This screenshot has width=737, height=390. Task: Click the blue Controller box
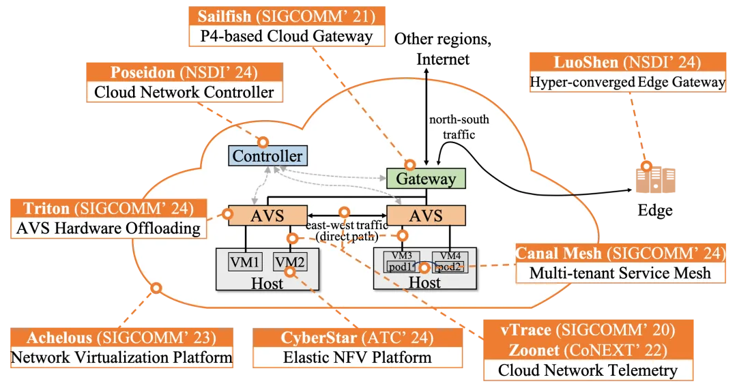267,156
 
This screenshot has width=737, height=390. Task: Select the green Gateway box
426,179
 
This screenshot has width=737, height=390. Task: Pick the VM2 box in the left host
289,261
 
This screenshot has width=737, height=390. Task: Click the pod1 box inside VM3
401,267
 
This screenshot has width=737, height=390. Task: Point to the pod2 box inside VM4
450,267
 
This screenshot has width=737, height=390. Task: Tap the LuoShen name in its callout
586,63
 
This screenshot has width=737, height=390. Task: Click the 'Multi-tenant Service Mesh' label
620,273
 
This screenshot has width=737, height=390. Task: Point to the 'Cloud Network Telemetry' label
588,370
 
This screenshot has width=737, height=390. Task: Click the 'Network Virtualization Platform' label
121,357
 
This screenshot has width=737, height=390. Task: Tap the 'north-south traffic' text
459,127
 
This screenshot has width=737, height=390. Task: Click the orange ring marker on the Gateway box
410,165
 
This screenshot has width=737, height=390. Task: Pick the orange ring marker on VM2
291,271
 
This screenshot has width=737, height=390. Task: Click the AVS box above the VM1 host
267,216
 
